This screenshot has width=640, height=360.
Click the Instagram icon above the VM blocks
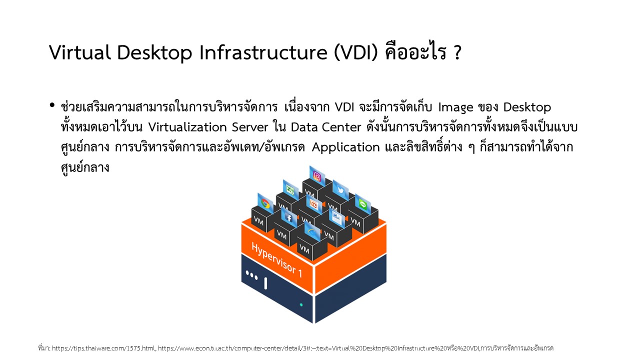317,176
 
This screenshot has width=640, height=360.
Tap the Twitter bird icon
340,189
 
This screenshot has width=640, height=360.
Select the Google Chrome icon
265,203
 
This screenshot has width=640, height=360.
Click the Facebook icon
289,218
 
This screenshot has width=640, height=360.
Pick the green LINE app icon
363,204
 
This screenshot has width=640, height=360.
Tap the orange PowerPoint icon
313,204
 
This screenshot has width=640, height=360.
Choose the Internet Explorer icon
312,232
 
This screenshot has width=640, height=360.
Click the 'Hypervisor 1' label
276,259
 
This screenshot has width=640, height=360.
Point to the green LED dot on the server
301,305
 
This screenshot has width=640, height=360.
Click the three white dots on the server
251,275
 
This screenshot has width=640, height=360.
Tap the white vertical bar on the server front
265,283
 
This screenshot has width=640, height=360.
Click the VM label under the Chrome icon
258,221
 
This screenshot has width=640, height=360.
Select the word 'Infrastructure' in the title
263,52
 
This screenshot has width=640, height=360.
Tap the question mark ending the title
457,52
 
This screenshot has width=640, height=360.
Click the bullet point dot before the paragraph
51,105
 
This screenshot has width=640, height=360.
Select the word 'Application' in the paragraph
345,147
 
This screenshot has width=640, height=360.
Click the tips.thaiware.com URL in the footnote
103,348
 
